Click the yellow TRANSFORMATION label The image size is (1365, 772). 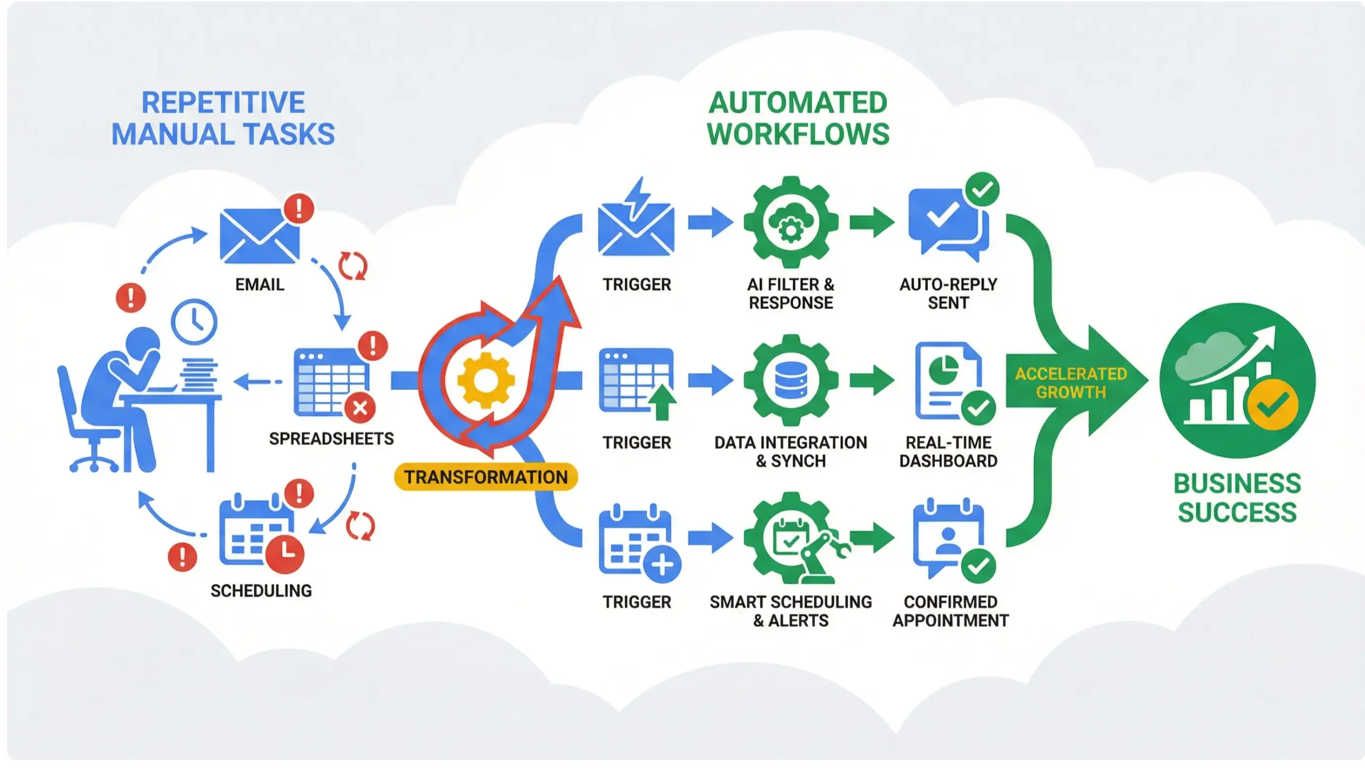coord(486,477)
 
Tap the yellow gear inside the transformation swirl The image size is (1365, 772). coord(485,380)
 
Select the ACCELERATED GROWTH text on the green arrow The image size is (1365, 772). coord(1071,383)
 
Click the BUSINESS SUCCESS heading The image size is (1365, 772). coord(1237,498)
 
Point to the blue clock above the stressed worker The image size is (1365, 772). coord(194,323)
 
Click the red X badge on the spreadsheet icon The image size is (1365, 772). coord(360,409)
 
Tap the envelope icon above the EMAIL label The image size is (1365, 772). coord(260,236)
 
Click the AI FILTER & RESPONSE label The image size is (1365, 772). coord(791,293)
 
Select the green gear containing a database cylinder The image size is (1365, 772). coord(791,380)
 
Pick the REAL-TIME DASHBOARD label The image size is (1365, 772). coord(948,451)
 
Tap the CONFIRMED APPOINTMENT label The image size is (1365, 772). coord(951,611)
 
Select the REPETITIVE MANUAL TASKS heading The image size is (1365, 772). coord(223,118)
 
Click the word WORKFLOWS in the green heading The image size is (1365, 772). coord(798,133)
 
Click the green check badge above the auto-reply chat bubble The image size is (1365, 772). coord(982,190)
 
